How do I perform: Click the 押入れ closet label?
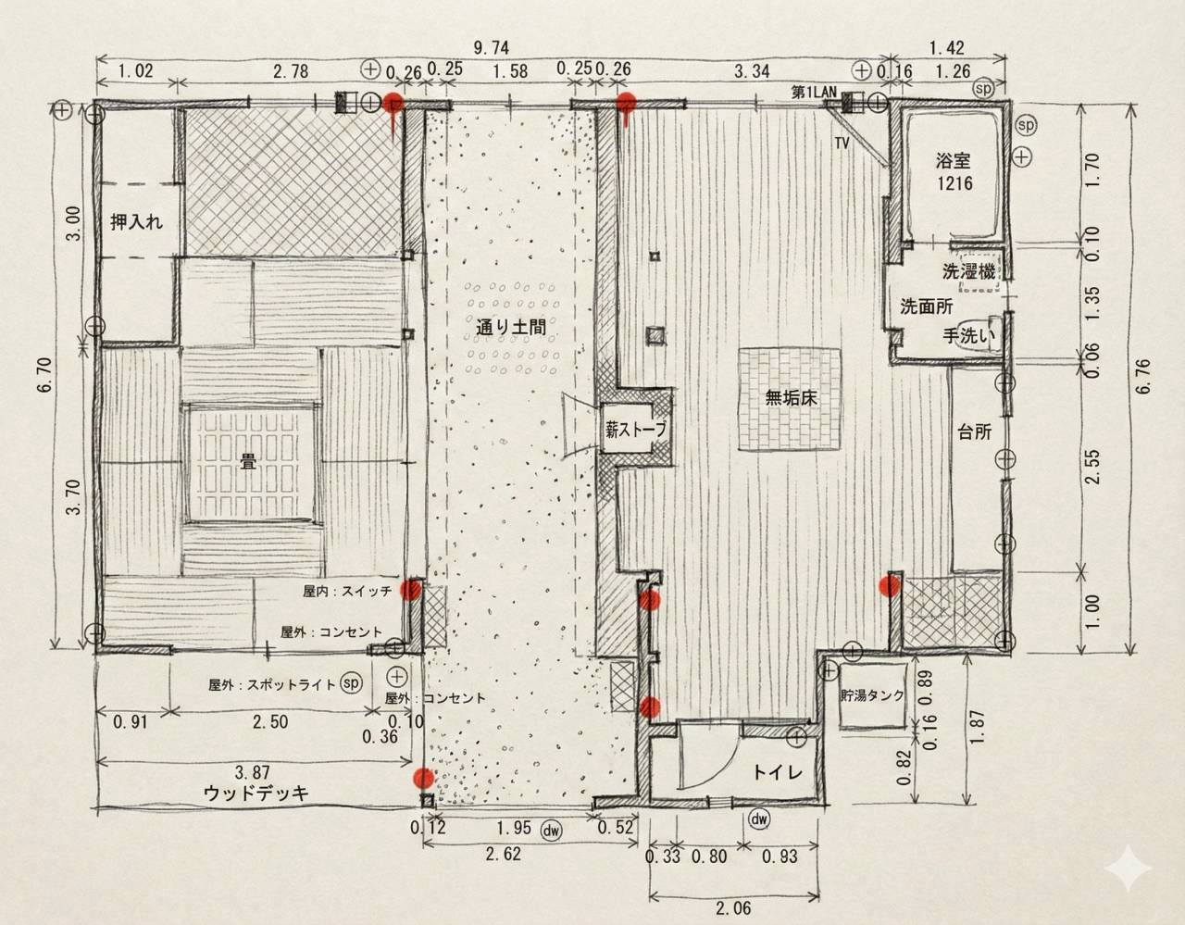136,222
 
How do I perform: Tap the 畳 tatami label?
249,462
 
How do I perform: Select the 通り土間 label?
510,327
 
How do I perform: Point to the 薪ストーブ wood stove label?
636,430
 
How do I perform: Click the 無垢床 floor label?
792,397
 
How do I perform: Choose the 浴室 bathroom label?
954,160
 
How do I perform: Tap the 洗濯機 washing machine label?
968,271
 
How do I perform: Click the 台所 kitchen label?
975,432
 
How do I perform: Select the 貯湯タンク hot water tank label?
872,694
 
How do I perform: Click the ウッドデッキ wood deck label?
256,793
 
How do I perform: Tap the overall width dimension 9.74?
492,48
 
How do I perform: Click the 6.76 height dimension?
1144,376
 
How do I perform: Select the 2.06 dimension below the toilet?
733,908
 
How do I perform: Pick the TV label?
842,144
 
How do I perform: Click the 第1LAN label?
814,93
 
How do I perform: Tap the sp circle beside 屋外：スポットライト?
351,682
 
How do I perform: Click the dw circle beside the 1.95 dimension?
552,831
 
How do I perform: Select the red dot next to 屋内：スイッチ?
411,589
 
